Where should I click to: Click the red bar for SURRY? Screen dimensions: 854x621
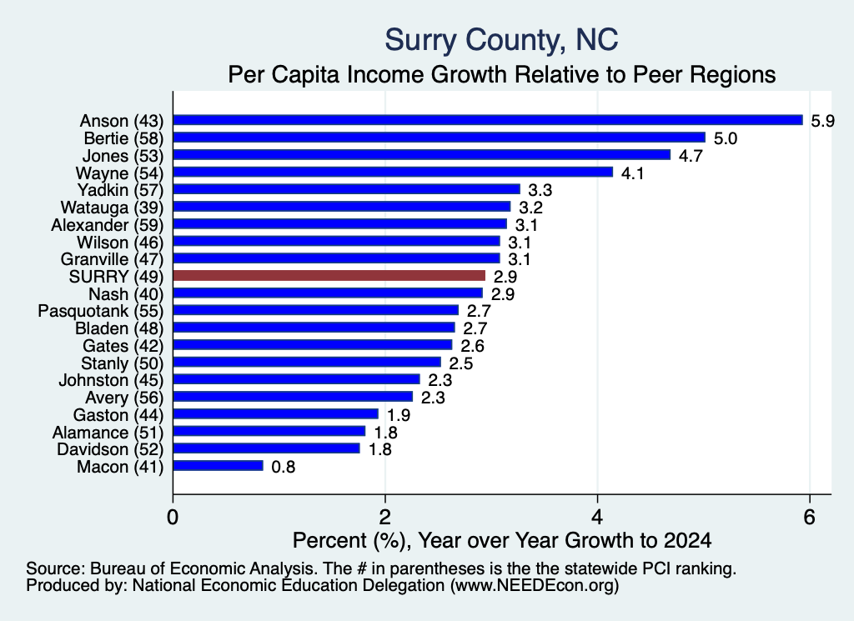click(x=329, y=276)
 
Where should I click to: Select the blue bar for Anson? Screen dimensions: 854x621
click(x=488, y=120)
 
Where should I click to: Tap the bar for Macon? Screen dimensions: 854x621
click(x=218, y=466)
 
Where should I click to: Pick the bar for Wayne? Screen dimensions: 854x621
click(x=393, y=172)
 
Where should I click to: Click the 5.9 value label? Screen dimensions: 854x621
click(x=822, y=121)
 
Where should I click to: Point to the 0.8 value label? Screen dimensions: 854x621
click(x=284, y=467)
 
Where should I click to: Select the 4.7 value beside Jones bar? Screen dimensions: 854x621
click(x=691, y=156)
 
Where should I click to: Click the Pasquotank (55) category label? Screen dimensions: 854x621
click(x=101, y=311)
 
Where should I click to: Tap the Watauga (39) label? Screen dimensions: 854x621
click(x=113, y=208)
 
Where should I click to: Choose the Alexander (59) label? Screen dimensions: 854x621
click(x=108, y=225)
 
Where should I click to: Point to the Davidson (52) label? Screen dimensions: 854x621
click(x=110, y=449)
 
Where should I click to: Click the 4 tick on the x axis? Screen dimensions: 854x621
click(x=597, y=517)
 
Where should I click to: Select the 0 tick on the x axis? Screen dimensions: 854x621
click(x=173, y=517)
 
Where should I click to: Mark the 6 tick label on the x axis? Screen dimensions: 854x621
click(x=809, y=517)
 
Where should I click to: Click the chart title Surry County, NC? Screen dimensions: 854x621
click(x=501, y=41)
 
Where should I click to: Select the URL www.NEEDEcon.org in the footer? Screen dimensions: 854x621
click(x=535, y=586)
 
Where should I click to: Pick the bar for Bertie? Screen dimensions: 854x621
click(x=439, y=138)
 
